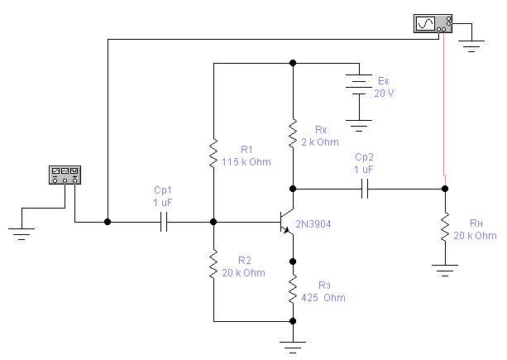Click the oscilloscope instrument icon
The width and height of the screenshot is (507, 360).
click(433, 24)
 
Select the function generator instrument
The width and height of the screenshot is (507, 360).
click(65, 175)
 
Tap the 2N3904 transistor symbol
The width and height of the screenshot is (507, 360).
click(286, 222)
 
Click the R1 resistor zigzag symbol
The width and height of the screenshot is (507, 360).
click(213, 153)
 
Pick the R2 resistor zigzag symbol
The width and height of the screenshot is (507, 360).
click(213, 264)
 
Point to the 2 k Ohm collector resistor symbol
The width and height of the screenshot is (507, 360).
click(293, 133)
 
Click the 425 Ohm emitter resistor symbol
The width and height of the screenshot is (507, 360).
click(293, 289)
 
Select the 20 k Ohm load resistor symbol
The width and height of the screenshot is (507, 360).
click(445, 227)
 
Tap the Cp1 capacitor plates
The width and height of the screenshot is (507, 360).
click(164, 222)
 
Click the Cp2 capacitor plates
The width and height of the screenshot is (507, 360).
click(365, 189)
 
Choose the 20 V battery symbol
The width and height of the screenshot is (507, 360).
click(359, 84)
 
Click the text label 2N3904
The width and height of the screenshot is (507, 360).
click(313, 224)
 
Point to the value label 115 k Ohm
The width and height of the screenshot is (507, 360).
click(246, 161)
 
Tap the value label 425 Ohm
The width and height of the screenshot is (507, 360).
click(323, 298)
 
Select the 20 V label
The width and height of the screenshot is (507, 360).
click(384, 94)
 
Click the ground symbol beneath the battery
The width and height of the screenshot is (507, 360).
click(359, 126)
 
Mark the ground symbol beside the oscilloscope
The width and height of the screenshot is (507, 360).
click(471, 46)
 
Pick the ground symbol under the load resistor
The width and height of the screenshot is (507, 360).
click(445, 271)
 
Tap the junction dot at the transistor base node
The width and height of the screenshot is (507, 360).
click(213, 222)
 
